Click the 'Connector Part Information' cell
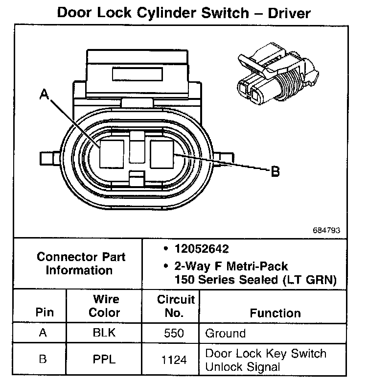[81, 263]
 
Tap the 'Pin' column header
[45, 313]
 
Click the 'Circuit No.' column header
[176, 306]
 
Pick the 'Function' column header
[276, 313]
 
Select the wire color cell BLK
[104, 333]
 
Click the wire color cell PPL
[104, 360]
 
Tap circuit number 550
[175, 334]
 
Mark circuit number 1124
[175, 360]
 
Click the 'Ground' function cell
[225, 334]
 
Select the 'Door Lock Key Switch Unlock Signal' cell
[266, 360]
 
